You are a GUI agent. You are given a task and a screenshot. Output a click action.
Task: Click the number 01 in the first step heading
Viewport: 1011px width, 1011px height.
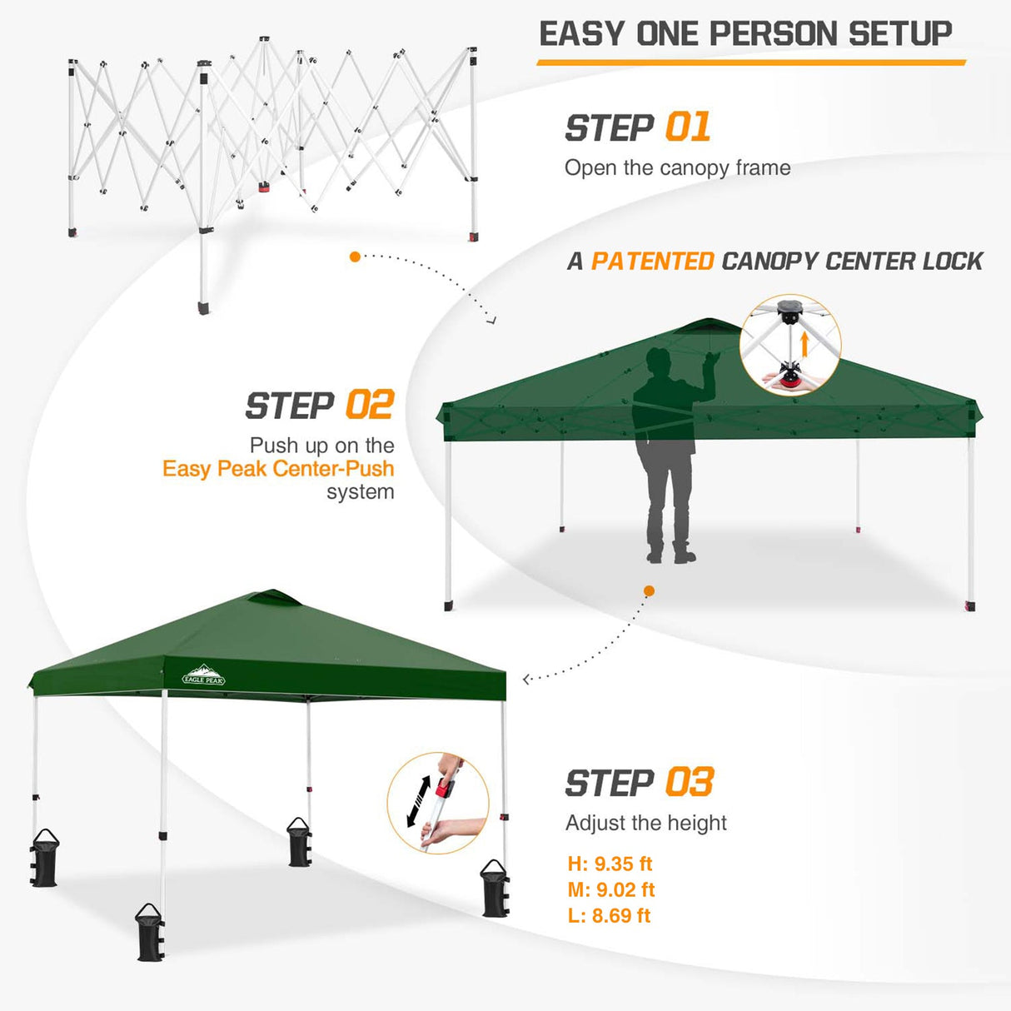coord(688,127)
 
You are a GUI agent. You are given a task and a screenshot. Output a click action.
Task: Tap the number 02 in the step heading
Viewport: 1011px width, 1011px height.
coord(369,406)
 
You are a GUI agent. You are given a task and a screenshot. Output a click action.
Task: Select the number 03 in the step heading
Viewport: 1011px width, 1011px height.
coord(689,783)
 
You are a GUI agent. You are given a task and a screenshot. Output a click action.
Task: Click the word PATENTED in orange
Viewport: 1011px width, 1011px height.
coord(652,261)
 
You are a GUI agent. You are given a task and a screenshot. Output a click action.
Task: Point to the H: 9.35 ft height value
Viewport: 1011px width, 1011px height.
coord(610,864)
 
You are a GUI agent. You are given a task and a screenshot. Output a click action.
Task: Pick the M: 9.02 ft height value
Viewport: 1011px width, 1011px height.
coord(611,889)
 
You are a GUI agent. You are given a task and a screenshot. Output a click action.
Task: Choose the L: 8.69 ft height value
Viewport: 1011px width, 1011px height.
coord(609,915)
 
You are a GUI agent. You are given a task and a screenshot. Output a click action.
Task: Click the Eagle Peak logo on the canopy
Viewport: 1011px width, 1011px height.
coord(204,675)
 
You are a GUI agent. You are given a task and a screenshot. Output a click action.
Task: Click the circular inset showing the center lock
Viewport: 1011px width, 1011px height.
coord(790,345)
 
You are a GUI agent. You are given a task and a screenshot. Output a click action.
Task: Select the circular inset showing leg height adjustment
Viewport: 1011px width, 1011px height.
coord(438,804)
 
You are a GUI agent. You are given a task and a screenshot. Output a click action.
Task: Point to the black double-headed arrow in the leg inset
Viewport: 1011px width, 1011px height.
coord(417,802)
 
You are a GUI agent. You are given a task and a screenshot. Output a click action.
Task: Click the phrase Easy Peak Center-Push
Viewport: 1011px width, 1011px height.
coord(278,469)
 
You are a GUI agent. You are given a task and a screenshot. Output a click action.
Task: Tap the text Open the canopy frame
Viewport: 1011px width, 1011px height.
coord(677,168)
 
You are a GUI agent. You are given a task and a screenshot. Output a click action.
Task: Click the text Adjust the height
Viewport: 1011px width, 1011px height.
coord(645,823)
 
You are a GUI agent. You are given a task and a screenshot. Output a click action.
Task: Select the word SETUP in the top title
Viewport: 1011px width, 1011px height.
coord(900,34)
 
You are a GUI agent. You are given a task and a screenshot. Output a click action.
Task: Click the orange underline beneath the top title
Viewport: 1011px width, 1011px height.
coord(750,62)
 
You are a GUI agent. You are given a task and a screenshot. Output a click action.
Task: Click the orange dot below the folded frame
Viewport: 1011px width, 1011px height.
coord(355,256)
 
